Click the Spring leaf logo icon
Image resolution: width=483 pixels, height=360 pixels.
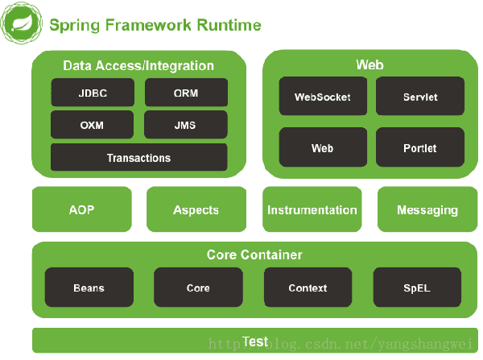(x=22, y=24)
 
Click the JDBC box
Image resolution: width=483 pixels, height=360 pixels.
(x=93, y=93)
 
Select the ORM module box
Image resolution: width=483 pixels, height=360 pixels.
(x=185, y=93)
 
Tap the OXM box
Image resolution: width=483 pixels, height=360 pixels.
(x=93, y=126)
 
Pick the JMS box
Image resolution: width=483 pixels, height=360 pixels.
(x=185, y=126)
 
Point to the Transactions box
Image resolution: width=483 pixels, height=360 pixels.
(x=139, y=158)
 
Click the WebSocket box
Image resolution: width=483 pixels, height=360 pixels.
(x=323, y=97)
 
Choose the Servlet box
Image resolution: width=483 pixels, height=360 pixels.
(x=420, y=97)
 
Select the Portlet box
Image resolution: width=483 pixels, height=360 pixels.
(x=420, y=148)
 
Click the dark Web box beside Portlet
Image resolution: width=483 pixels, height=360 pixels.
(x=323, y=148)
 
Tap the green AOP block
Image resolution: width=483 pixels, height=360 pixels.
(x=81, y=209)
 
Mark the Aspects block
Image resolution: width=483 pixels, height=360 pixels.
(x=196, y=209)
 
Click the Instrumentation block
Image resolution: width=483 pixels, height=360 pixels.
(x=312, y=209)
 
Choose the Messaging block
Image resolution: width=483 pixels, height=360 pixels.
(x=427, y=209)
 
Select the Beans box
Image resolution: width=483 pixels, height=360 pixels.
(x=89, y=288)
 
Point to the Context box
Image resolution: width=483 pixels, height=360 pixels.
(x=308, y=288)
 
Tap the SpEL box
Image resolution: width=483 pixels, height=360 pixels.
(x=417, y=288)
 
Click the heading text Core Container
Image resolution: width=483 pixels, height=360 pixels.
(x=254, y=255)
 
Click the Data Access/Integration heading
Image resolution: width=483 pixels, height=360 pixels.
(x=138, y=66)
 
